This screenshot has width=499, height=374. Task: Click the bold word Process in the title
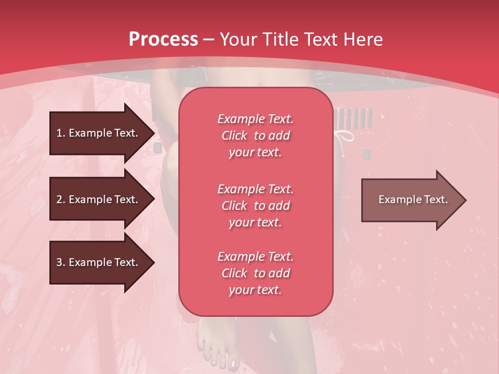163,39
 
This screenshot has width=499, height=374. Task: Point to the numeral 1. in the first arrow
61,133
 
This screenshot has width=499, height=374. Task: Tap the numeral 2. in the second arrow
61,199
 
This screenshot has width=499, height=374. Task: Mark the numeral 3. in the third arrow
61,262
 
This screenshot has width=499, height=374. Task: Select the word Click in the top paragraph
234,136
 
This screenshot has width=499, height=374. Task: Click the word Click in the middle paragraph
234,206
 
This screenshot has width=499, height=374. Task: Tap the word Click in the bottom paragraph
234,273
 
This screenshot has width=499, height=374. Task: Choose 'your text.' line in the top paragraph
255,153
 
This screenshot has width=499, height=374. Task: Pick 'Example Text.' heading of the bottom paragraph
255,257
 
